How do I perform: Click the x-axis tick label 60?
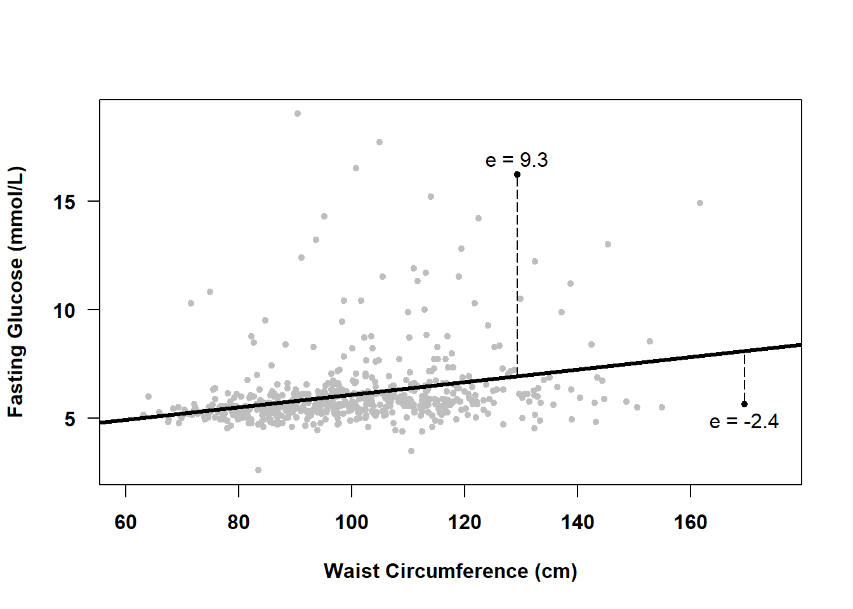(x=126, y=522)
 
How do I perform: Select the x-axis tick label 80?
(x=239, y=522)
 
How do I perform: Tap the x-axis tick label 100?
(x=352, y=522)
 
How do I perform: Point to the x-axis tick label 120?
(x=465, y=522)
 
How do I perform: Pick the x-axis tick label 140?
(x=578, y=522)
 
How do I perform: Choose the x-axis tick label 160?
(x=691, y=522)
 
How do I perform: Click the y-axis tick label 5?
(x=70, y=419)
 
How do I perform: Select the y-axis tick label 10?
(x=64, y=311)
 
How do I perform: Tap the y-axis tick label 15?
(x=64, y=202)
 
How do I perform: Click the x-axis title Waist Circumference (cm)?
(x=450, y=571)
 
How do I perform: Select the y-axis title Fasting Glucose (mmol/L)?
(x=15, y=292)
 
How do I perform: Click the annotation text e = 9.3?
(x=517, y=160)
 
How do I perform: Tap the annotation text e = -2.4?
(x=744, y=422)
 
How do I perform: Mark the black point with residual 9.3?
(x=517, y=174)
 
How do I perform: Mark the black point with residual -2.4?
(x=744, y=404)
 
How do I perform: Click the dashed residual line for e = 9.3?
(x=517, y=273)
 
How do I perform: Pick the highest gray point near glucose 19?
(x=298, y=114)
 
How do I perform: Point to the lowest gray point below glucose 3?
(x=258, y=470)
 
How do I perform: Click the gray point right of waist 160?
(x=700, y=203)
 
